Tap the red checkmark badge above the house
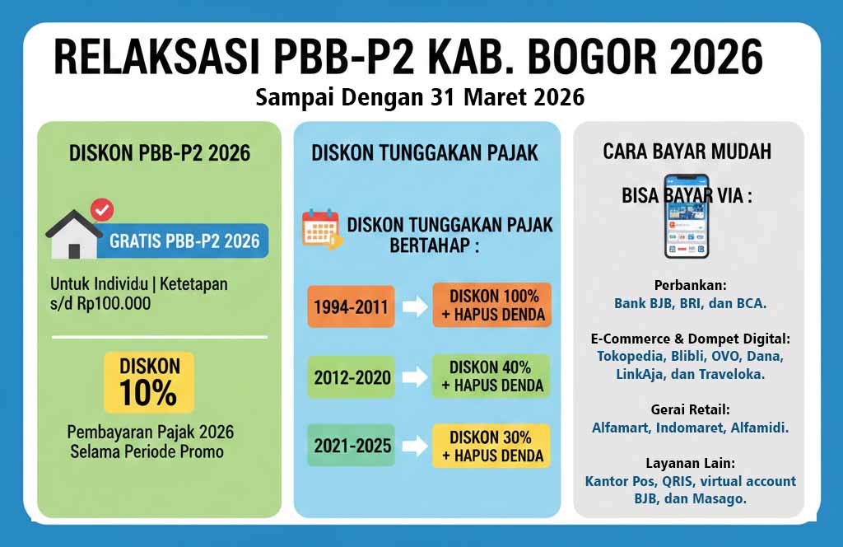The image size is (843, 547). [101, 211]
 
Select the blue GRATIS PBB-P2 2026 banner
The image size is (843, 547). [184, 241]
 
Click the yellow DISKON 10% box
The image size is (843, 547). [149, 382]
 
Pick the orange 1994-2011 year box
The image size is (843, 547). [352, 306]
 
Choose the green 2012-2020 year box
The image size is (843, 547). [352, 377]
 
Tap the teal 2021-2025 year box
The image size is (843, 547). [352, 446]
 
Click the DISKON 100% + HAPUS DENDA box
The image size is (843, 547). [491, 305]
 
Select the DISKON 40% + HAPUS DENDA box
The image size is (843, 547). [491, 376]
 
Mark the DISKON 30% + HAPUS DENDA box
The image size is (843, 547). [491, 446]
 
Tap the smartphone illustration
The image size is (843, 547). [686, 217]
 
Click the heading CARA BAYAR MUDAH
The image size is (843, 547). [687, 152]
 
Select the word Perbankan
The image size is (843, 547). [690, 285]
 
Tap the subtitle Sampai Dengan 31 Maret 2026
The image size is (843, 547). [420, 97]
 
